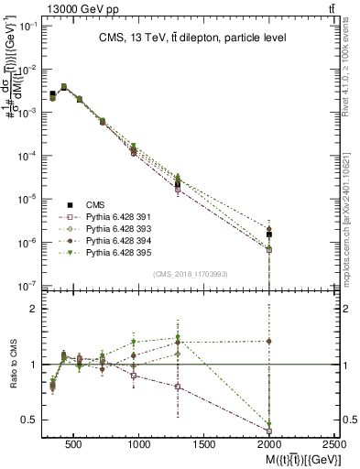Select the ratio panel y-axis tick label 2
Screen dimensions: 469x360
33,310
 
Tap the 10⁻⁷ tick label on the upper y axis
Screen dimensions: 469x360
27,286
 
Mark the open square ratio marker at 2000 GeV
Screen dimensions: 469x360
269,430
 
